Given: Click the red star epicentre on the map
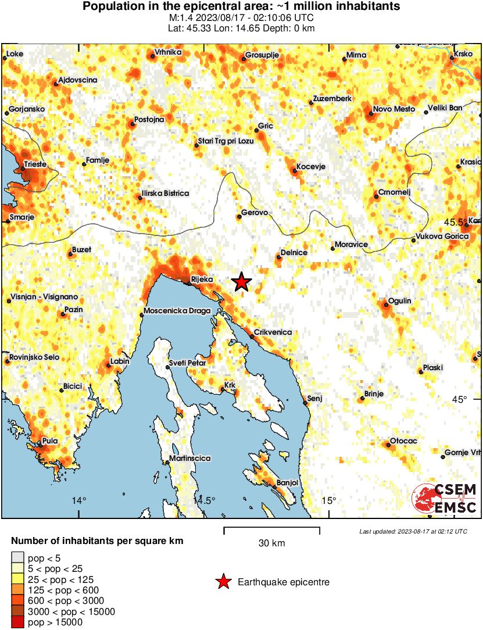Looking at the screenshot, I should pos(242,282).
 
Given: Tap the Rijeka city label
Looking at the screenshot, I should pos(202,280).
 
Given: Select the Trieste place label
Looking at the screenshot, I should pos(34,165).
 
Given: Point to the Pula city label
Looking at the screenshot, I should pos(50,441).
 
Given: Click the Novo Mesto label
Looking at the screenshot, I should pos(393,109).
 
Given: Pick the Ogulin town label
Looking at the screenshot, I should pos(400,300).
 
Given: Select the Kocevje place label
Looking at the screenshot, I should pos(310,167).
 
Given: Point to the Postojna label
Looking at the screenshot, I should pos(149,120).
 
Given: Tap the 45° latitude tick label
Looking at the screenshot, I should pos(460,399).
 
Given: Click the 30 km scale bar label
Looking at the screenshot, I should pos(271,543).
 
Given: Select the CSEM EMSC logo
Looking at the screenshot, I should pos(445,499).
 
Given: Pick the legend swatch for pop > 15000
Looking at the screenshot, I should pos(17,622).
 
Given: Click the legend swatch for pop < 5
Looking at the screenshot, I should pos(17,559).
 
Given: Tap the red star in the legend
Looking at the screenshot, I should pos(223,582).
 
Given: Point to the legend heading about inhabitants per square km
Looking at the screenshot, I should pos(97,541).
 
